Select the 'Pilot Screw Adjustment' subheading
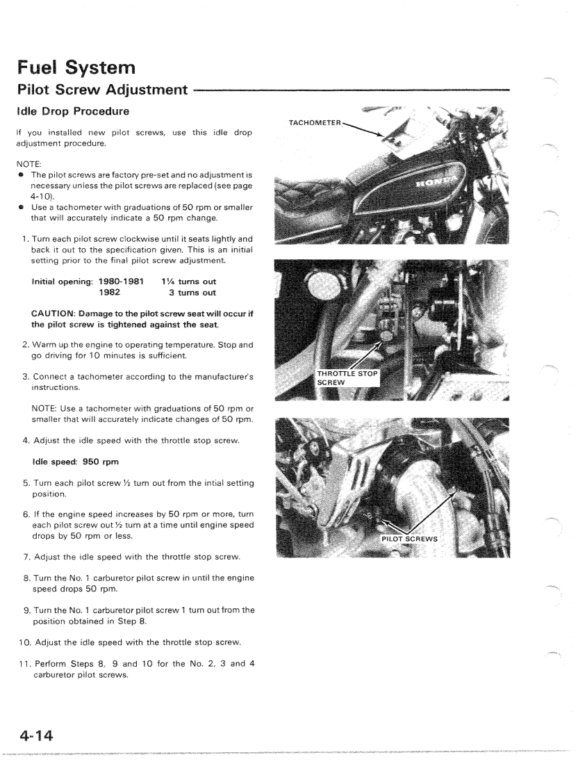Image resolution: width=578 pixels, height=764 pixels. point(101,90)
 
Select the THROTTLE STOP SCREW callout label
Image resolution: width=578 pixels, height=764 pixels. point(347,377)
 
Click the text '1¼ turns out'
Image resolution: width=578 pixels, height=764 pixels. point(188,282)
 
